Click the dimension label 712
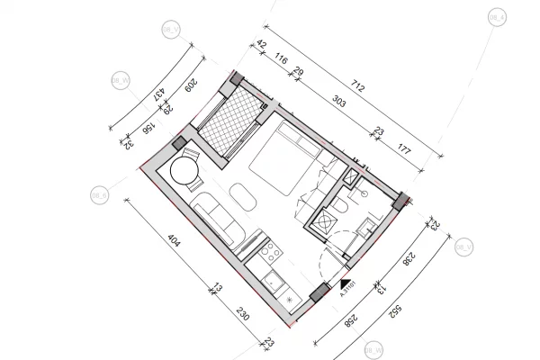pos(358,88)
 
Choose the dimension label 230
pos(241,316)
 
